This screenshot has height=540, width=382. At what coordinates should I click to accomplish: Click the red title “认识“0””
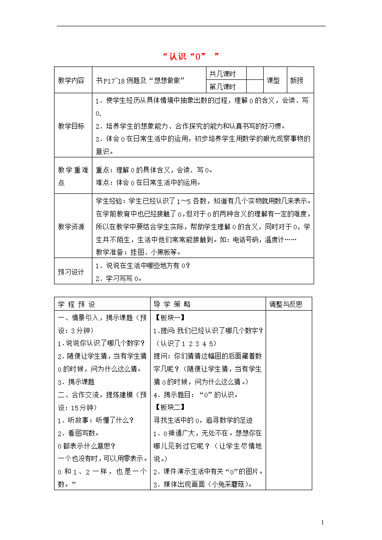coord(191,56)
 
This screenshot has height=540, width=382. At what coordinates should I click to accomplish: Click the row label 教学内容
coord(71,80)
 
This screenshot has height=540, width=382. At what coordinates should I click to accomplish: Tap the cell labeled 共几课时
coord(223,74)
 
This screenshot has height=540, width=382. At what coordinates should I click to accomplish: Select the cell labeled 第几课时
coord(223,86)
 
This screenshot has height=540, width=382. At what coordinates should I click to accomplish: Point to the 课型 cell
coord(273,80)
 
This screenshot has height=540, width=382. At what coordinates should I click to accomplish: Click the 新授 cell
coord(297,80)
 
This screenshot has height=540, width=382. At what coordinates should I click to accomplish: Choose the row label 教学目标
coord(71,126)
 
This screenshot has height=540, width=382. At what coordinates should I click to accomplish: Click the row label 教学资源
coord(71,227)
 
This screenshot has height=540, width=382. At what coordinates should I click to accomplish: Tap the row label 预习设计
coord(71,272)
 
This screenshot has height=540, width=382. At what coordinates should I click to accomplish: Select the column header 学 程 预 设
coord(76,304)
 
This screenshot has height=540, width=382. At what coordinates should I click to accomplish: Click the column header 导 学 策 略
coord(172,304)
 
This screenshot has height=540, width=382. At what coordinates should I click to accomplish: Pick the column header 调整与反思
coord(286,304)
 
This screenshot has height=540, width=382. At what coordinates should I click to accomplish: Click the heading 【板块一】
coord(170,318)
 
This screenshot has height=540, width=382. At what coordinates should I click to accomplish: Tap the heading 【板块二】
coord(170,407)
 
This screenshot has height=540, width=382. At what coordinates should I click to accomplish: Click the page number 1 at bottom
coord(322,522)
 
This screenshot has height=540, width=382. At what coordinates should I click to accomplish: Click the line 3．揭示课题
coord(76,382)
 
